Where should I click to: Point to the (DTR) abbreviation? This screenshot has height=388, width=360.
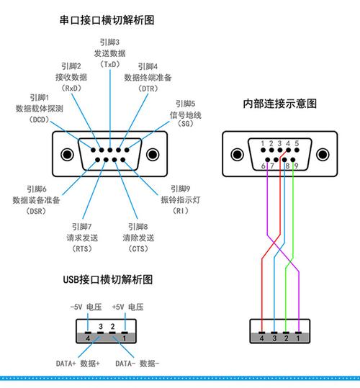(147, 89)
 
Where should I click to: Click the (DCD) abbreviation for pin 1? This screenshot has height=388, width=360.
(38, 119)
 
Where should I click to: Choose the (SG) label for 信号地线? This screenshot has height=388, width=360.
(185, 125)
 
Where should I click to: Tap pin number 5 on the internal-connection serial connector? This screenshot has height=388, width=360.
(295, 143)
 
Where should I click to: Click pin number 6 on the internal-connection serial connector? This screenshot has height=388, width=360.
(264, 166)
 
